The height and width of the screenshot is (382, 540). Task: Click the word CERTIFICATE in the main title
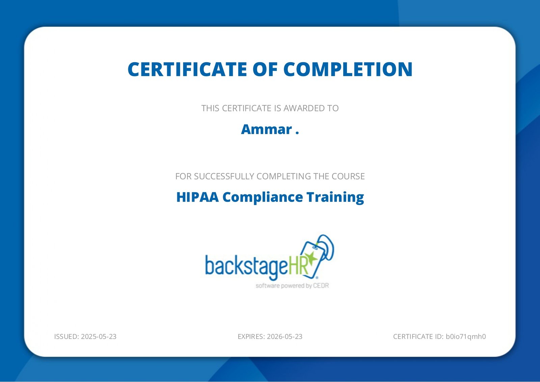point(187,69)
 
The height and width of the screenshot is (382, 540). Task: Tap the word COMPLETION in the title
point(348,69)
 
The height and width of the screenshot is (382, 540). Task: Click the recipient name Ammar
point(266,129)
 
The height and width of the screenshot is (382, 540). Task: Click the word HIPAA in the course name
point(197,197)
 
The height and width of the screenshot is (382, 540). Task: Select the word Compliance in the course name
point(263,197)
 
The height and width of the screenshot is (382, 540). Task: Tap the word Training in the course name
point(335,197)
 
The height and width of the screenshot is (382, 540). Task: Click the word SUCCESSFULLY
point(224,176)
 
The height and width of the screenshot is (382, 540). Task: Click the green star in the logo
point(312,259)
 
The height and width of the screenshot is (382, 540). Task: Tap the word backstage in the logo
point(246,266)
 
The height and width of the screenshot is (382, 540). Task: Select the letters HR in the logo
point(298,265)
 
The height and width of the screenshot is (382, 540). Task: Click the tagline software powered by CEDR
point(292,286)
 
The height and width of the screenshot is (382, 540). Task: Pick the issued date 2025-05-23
point(99,336)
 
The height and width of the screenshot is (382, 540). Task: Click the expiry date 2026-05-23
point(285,336)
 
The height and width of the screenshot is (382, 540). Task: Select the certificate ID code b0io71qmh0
point(466,336)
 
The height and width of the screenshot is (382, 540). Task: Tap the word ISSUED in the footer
point(66,336)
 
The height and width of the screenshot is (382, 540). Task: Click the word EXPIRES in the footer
point(251,336)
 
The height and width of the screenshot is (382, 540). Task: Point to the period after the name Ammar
point(297,134)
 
